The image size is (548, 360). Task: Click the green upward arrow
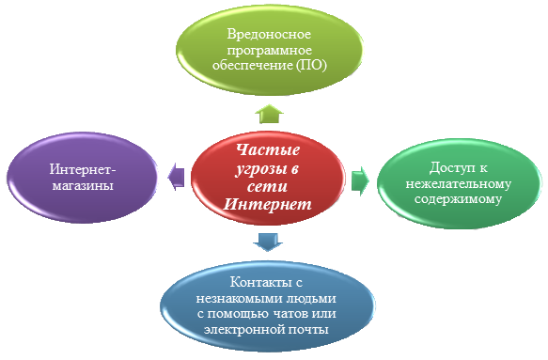[x=269, y=114]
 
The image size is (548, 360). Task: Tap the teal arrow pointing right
[x=360, y=180]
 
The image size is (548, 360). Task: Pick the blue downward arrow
[x=268, y=242]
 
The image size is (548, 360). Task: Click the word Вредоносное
[x=269, y=34]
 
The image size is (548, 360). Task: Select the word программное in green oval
[x=270, y=51]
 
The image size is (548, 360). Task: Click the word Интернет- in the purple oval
[x=83, y=169]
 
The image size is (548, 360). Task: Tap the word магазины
[x=83, y=185]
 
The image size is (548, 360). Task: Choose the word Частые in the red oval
[x=268, y=149]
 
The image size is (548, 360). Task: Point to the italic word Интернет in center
[x=267, y=204]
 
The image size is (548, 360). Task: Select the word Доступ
[x=448, y=168]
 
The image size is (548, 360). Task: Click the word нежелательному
[x=458, y=183]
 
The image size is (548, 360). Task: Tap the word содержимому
[x=458, y=199]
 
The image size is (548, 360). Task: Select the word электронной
[x=243, y=330]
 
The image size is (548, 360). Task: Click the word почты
[x=308, y=330]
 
